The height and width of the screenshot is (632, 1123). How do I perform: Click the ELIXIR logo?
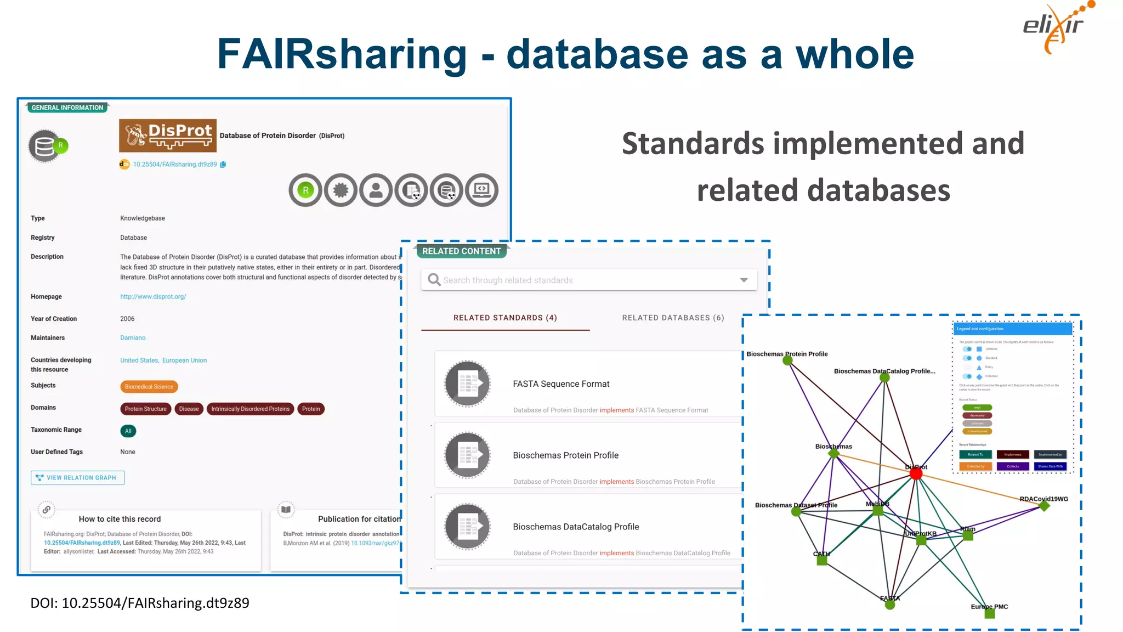coord(1055,27)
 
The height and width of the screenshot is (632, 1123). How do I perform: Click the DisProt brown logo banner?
coord(167,136)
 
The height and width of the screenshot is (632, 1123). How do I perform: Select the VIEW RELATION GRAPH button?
coord(78,478)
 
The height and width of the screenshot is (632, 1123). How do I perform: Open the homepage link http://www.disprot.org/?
coord(153,297)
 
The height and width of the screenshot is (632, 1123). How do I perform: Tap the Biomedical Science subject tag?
coord(149,387)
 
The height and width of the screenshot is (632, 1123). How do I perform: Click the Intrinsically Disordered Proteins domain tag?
coord(250,409)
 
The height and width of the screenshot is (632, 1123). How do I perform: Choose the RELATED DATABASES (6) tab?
coord(673,318)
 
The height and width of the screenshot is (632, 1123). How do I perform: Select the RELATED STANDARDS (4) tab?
coord(505,318)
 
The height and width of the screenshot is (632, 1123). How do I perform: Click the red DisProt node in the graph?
coord(916,474)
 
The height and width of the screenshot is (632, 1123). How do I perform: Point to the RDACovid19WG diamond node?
coord(1044,506)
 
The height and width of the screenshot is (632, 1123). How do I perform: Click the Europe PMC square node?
coord(990,614)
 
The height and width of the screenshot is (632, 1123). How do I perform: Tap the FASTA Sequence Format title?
coord(561,384)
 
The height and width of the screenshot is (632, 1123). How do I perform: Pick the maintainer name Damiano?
coord(133,338)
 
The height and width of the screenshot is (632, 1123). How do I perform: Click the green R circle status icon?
coord(305,190)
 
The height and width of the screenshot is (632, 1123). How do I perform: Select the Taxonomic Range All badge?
coord(128,431)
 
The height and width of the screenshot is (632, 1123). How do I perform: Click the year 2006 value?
coord(127,319)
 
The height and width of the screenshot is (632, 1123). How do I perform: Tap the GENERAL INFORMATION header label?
coord(67,108)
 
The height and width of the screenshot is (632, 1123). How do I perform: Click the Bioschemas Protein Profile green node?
coord(787,361)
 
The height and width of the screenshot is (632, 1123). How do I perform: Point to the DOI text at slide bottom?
coord(140,603)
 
